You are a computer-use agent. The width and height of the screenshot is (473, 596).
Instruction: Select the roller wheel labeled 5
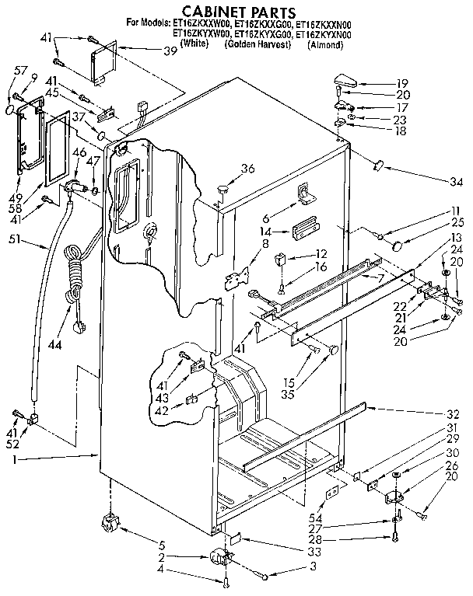click(x=109, y=525)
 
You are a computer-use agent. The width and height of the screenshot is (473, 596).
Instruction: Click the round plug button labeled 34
click(x=380, y=164)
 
